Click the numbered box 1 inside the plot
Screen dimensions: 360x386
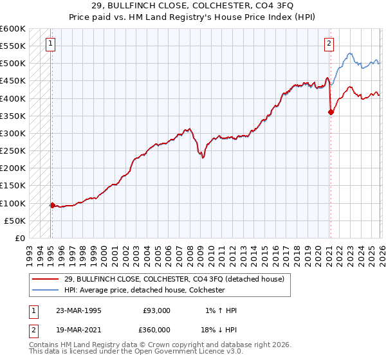[x=50, y=44]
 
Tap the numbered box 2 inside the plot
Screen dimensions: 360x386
[x=329, y=44]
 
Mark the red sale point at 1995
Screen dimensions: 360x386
[x=53, y=205]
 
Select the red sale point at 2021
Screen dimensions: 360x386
[x=331, y=112]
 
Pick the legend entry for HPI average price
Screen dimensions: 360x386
[x=144, y=290]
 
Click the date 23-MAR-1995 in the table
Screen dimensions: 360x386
[x=78, y=310]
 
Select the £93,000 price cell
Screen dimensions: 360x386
[x=157, y=310]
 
